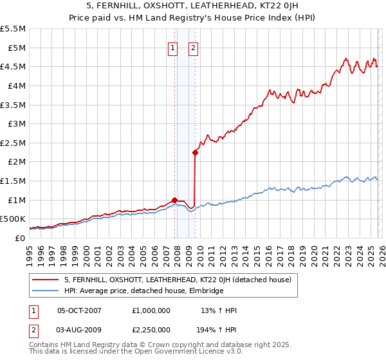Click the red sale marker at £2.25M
195,152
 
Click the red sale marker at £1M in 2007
174,200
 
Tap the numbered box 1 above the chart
173,46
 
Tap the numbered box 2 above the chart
194,46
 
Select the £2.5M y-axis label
13,143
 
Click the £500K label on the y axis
13,219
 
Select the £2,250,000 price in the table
151,330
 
